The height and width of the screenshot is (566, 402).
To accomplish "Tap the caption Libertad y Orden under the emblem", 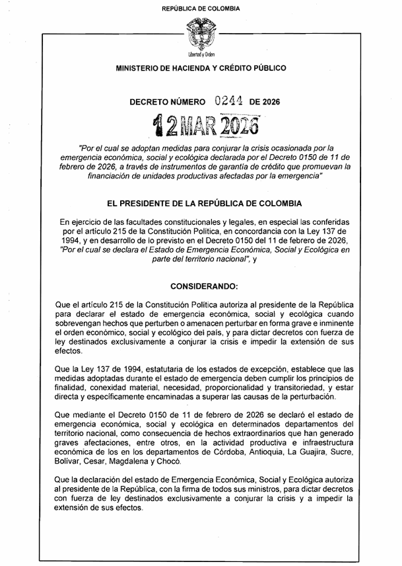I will coord(201,54).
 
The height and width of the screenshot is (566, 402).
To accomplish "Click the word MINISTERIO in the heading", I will coord(141,68).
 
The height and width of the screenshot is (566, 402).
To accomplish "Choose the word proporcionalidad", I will coord(246,387).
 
